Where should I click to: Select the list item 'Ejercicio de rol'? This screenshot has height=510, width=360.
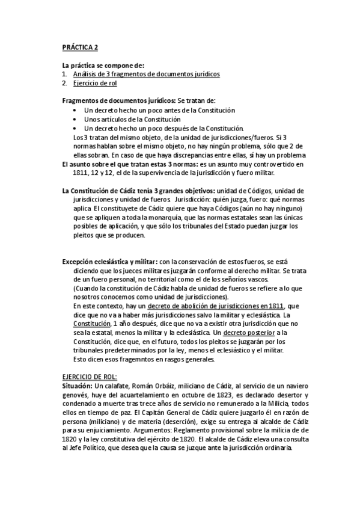pos(95,83)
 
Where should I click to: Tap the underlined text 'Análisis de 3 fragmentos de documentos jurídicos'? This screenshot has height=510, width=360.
pos(145,74)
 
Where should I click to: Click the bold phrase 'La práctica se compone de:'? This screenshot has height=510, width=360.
pos(103,64)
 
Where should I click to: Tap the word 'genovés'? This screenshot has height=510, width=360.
pos(76,393)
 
